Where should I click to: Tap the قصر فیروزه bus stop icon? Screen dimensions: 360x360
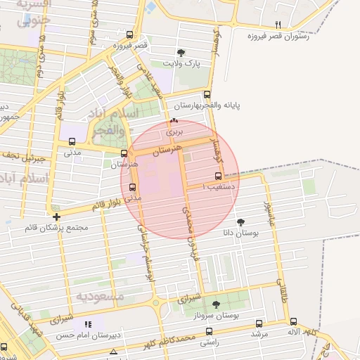tap(129, 34)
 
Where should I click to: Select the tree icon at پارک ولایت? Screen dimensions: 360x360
tap(181, 52)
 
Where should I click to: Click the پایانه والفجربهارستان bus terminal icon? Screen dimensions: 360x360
tap(206, 94)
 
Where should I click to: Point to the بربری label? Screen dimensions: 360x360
tap(174, 131)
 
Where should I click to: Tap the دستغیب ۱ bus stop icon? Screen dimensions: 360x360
tap(217, 176)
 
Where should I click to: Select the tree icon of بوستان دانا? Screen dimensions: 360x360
tap(241, 221)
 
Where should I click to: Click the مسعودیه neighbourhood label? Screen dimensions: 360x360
tap(100, 297)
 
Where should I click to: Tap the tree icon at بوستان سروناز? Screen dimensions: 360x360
tap(217, 304)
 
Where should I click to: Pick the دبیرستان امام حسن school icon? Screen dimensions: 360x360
tap(88, 324)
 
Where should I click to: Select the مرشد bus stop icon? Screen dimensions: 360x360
tap(259, 323)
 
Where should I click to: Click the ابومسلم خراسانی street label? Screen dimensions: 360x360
tap(143, 236)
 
